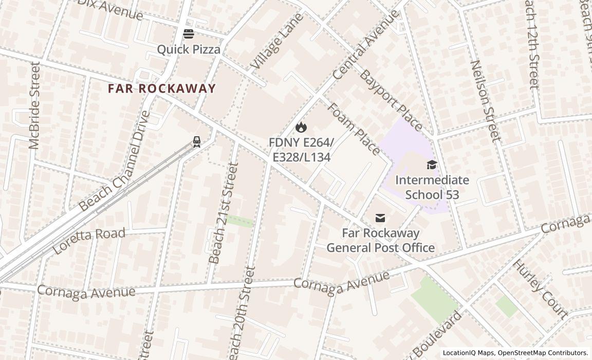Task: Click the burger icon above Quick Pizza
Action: tap(189, 34)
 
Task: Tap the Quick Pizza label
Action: tap(189, 49)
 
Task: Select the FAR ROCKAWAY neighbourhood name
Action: tap(162, 88)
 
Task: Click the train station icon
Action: tap(196, 141)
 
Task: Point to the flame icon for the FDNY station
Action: tap(301, 127)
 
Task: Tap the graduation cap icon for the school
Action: tap(432, 165)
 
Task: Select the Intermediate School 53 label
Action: tap(432, 187)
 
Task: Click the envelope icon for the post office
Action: tap(380, 218)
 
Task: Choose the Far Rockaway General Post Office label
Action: tap(380, 240)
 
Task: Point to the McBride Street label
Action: tap(35, 105)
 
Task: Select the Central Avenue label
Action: tap(365, 45)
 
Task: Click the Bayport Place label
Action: tap(391, 100)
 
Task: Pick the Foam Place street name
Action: tap(354, 129)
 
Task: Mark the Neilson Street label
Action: tap(485, 101)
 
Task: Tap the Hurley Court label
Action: tap(541, 289)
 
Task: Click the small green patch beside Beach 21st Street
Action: tap(239, 221)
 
